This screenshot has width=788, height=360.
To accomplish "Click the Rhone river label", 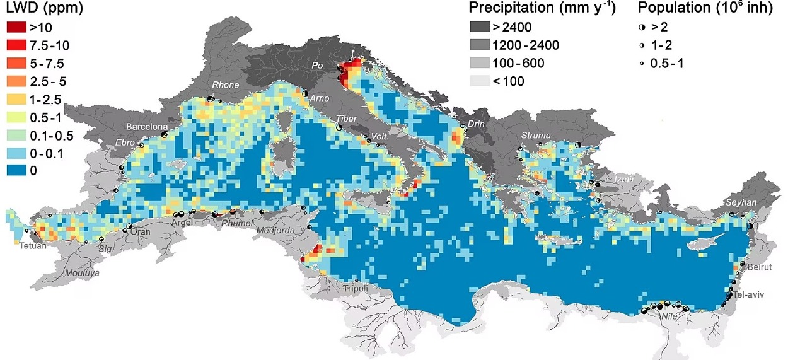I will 226,85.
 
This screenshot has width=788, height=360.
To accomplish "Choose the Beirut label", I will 759,267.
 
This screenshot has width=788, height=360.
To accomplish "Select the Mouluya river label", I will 84,274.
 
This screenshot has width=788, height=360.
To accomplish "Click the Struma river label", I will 536,136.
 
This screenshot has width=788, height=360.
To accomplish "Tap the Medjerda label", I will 275,231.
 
